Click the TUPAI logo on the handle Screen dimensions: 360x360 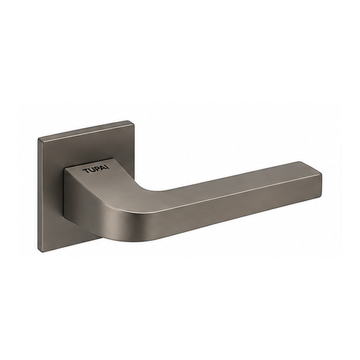(x=96, y=169)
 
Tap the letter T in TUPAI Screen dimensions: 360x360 (x=86, y=171)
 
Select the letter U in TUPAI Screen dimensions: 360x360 (x=91, y=170)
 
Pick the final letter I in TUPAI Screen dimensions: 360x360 (x=109, y=167)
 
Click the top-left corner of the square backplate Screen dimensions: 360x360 (x=38, y=139)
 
